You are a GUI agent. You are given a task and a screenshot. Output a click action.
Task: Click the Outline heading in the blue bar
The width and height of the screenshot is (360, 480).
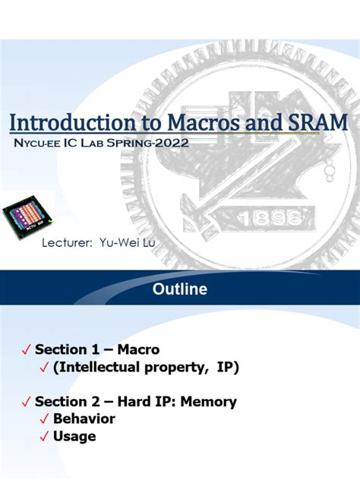(180, 289)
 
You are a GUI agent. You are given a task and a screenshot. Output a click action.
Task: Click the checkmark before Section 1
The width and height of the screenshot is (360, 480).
(27, 350)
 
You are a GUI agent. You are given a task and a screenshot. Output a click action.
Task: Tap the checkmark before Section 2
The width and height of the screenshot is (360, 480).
(27, 402)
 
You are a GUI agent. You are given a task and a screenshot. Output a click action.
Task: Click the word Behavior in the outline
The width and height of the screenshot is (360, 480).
(84, 418)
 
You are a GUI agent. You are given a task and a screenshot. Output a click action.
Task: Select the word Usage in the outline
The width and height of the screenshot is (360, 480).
(74, 436)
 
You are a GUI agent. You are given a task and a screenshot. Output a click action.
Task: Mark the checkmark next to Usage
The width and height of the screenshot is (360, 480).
(44, 437)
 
